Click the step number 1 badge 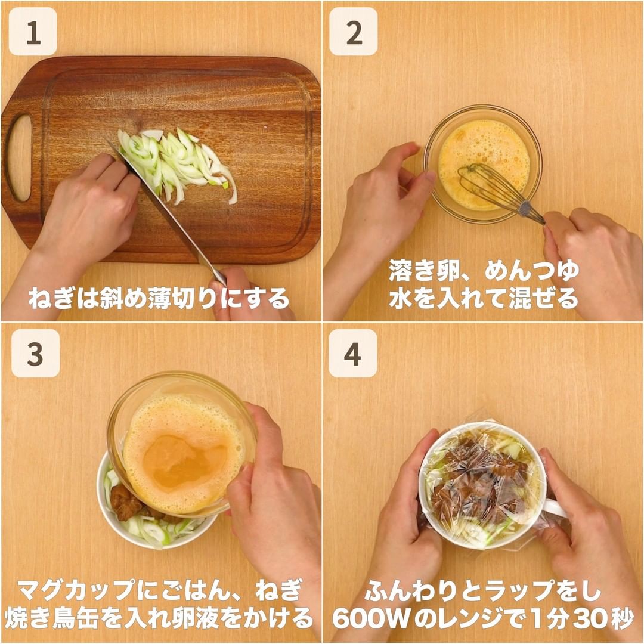tap(33, 32)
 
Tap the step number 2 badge tap(354, 32)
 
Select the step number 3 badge tap(35, 353)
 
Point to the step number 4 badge tap(353, 353)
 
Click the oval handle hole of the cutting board tap(19, 158)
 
